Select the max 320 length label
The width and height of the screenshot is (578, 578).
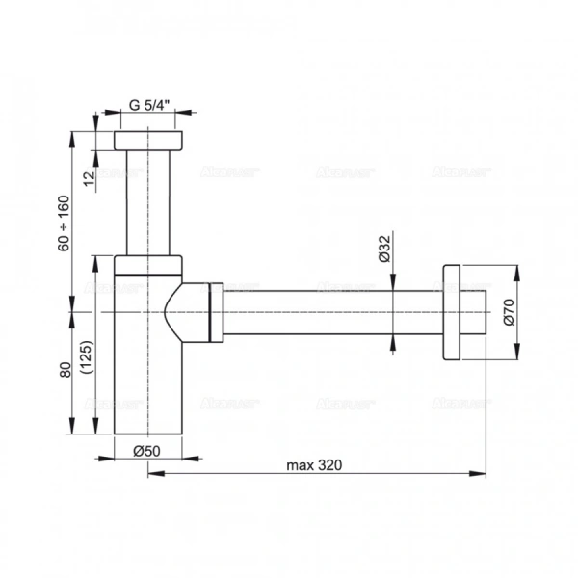point(313,464)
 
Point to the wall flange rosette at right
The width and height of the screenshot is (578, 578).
point(452,311)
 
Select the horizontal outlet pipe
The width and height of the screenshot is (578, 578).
point(328,311)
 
